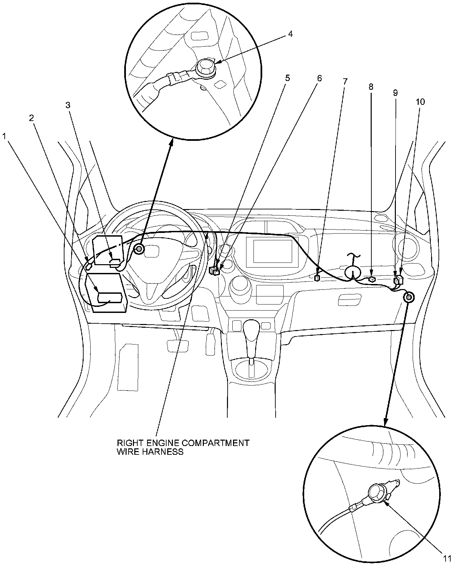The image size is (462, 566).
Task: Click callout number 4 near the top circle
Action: (x=290, y=34)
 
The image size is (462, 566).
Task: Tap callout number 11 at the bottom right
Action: (x=447, y=559)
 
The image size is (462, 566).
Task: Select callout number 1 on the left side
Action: (x=4, y=136)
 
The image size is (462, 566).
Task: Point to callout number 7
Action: (x=345, y=81)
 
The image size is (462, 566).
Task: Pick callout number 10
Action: (x=420, y=102)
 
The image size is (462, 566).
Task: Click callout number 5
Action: (x=287, y=78)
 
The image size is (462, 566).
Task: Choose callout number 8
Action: (x=371, y=87)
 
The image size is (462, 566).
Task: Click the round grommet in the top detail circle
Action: (x=205, y=67)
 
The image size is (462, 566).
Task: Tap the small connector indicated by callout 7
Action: (x=317, y=278)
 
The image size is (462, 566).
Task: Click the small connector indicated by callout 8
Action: (x=371, y=279)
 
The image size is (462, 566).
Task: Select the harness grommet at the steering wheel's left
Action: (x=139, y=249)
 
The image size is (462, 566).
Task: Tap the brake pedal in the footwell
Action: (x=178, y=346)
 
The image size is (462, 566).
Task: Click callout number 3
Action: (x=68, y=105)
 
